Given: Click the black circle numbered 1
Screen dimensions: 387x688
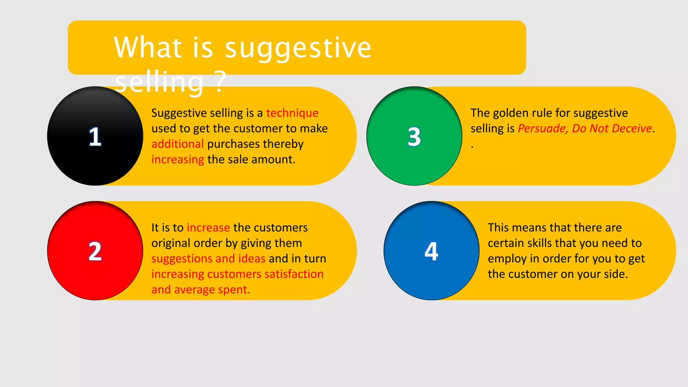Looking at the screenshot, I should tap(95, 136).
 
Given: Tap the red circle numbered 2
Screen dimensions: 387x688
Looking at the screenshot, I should tap(95, 251).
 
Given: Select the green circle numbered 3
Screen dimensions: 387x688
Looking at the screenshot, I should tap(414, 136).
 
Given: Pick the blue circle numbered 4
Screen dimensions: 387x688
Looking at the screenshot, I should tap(431, 251).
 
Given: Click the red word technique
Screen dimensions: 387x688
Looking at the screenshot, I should tap(292, 113).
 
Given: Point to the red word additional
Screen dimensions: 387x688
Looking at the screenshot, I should tap(177, 144).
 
